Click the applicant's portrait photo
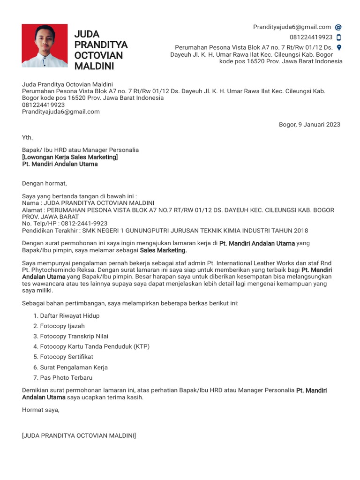tap(45, 45)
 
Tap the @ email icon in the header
tap(338, 27)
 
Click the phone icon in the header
tap(339, 37)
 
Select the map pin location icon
tap(339, 47)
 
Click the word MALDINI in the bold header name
tap(94, 66)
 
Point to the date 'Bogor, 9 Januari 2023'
tap(309, 124)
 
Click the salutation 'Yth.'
tap(28, 137)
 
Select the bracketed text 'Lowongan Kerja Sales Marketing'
tap(70, 157)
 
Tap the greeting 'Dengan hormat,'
tap(45, 183)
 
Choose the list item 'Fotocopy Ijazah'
tap(62, 326)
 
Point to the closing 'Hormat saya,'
tap(41, 410)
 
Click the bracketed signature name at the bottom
tap(79, 436)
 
